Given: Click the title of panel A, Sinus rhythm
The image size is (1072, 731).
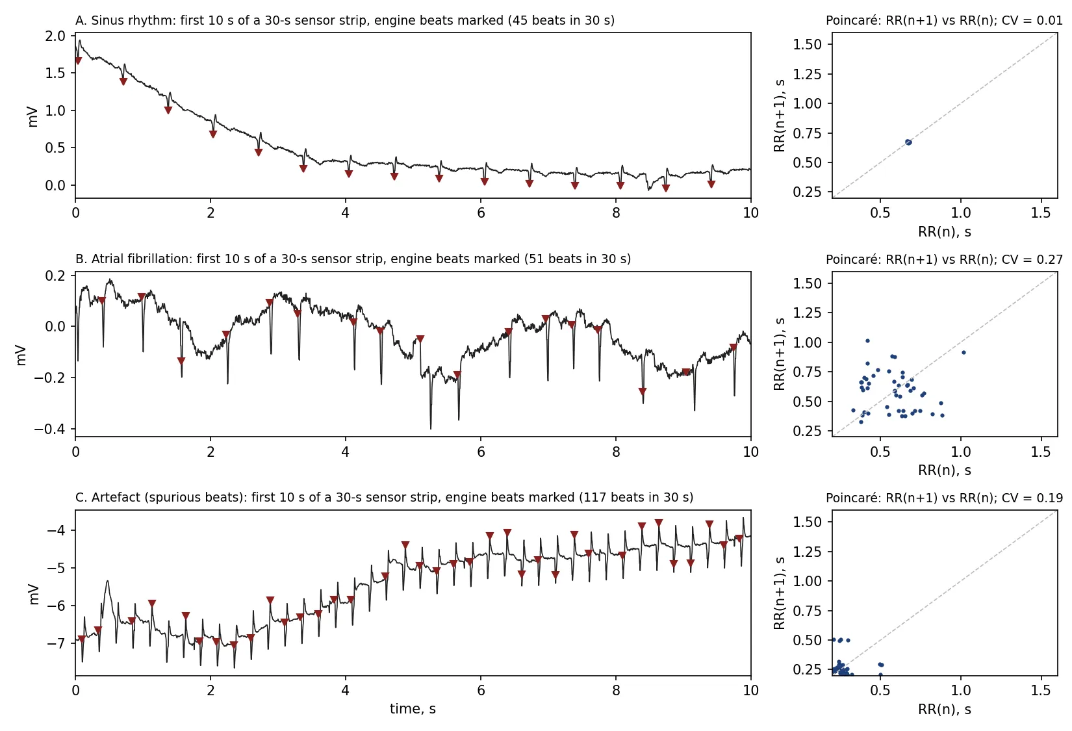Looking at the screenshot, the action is (344, 20).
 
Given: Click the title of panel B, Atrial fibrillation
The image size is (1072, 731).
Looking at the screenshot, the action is (353, 259).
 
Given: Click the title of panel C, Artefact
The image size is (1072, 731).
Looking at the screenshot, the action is (384, 497).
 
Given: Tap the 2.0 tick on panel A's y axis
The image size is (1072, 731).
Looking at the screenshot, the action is (55, 36).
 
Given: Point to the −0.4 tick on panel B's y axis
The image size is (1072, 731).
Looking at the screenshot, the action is (50, 429).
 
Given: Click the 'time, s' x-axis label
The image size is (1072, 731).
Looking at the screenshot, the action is (413, 709).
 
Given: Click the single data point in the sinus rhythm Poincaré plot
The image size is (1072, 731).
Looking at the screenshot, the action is (908, 142).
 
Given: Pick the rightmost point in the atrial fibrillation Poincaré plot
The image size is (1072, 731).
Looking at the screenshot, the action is (964, 352).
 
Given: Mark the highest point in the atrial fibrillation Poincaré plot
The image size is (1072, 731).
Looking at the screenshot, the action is (867, 341).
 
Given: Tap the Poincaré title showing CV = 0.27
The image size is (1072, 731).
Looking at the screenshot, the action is (944, 259).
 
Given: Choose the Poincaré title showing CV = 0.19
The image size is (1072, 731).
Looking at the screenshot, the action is (944, 498).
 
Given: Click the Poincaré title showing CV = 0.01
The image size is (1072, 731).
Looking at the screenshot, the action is (944, 21).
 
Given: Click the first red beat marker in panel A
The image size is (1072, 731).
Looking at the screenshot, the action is (78, 61).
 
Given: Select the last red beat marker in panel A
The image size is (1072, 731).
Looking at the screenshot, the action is (711, 185).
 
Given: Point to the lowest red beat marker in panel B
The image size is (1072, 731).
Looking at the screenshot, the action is (643, 392).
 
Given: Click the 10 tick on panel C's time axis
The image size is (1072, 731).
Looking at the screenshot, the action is (751, 690).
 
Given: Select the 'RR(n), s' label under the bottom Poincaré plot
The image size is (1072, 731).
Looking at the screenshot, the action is (944, 710).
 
